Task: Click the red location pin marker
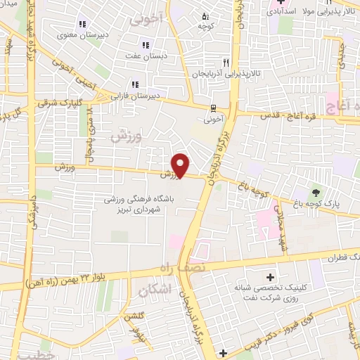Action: tap(181, 165)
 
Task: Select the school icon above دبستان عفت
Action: tap(145, 45)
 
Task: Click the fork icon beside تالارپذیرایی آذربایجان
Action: tap(226, 62)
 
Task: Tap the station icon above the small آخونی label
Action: tap(212, 109)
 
